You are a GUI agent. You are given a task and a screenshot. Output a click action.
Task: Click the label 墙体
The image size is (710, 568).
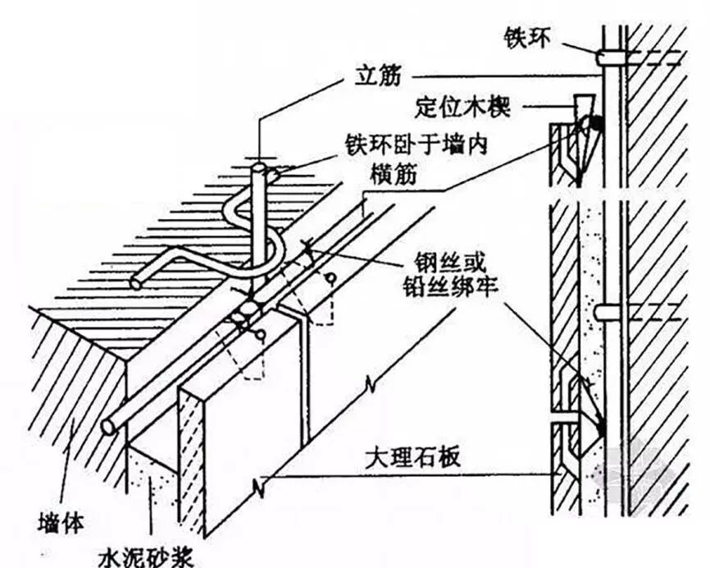[60, 520]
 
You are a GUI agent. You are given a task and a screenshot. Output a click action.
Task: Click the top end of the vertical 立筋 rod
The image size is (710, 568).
[258, 169]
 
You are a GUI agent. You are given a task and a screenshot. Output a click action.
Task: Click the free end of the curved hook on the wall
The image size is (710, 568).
[136, 282]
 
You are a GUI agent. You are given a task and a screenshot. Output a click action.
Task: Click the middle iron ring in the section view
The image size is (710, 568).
[608, 313]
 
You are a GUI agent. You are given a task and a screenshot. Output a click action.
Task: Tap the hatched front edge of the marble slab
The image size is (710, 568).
[191, 460]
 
